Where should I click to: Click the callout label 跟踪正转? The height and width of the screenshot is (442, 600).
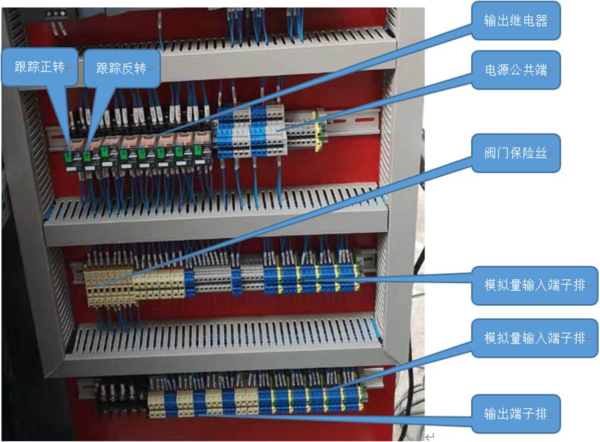coord(39,68)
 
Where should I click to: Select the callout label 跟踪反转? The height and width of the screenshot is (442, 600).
coord(121,68)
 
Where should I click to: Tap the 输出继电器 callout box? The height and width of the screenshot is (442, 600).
coord(516,21)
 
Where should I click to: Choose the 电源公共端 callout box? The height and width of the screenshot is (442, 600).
coord(516,70)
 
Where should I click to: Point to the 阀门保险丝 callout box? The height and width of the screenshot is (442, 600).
coord(516,154)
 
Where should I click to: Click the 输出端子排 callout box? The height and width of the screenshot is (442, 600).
coord(516,413)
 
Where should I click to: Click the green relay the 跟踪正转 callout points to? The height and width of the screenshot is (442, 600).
coord(70,157)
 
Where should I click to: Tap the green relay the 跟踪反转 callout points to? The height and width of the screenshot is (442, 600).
coord(86,157)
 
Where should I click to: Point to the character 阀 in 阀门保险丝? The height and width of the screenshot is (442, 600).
coord(491,154)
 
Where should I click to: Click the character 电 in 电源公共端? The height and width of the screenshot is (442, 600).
coord(491,70)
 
